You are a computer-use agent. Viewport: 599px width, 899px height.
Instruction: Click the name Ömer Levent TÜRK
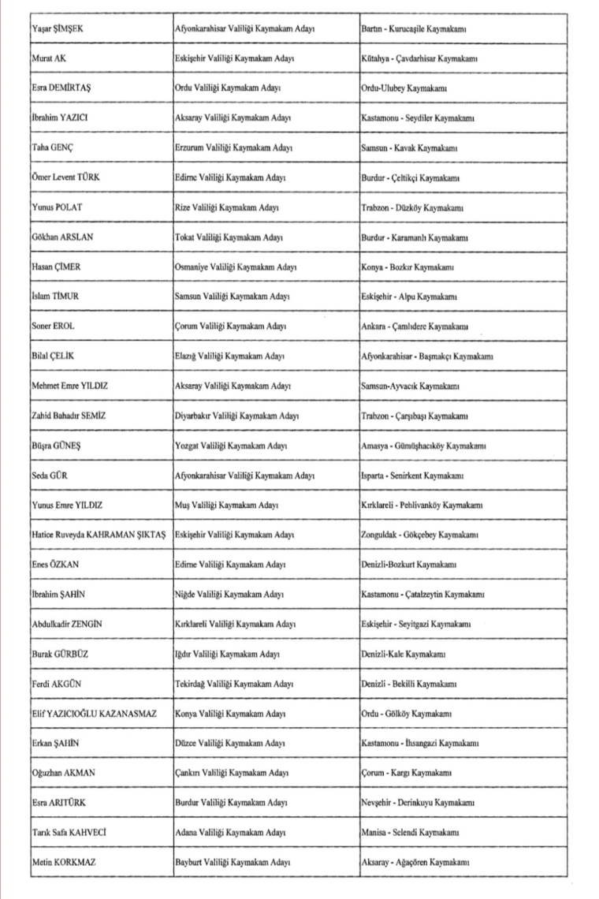point(66,177)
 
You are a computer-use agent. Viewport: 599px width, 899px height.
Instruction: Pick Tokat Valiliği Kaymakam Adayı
point(229,237)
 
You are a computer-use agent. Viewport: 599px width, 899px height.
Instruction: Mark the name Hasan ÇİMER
point(56,267)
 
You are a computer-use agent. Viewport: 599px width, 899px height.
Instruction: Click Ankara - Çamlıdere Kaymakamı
point(414,326)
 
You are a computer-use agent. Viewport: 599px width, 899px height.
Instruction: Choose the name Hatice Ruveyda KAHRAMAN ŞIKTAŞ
point(99,535)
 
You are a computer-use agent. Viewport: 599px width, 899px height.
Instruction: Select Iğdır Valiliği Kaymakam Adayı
point(228,654)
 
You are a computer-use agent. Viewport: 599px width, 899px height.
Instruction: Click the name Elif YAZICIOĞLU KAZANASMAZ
point(95,714)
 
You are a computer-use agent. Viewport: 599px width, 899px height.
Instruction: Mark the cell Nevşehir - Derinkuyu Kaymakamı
point(417,803)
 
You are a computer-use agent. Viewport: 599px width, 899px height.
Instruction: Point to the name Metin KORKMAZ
point(64,862)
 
